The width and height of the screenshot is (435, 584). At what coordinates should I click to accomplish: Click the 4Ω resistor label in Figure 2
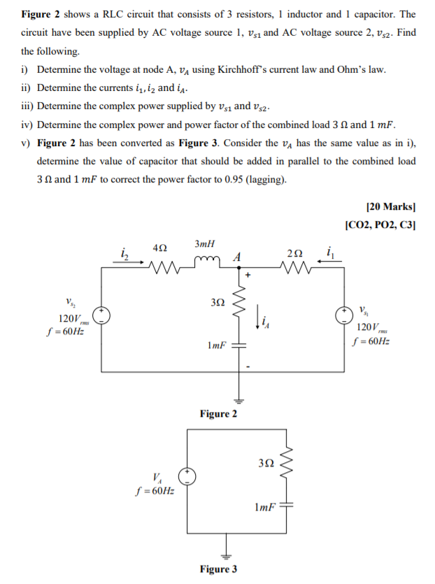point(160,248)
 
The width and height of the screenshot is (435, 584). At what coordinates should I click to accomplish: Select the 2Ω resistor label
point(294,252)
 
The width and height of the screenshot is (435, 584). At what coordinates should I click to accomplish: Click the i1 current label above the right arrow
point(329,250)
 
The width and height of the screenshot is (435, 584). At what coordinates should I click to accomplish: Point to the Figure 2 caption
point(217,414)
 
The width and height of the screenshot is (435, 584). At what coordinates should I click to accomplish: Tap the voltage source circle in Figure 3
point(187,478)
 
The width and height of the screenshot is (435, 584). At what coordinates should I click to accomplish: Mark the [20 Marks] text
point(390,207)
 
